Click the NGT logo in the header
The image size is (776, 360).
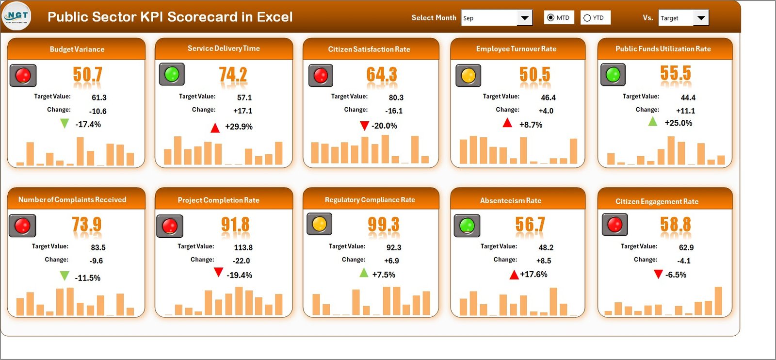pyautogui.click(x=17, y=16)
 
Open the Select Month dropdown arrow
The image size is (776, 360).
pyautogui.click(x=524, y=18)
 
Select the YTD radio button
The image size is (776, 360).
pyautogui.click(x=587, y=18)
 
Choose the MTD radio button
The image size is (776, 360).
pyautogui.click(x=550, y=18)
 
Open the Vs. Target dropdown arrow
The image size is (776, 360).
pyautogui.click(x=701, y=18)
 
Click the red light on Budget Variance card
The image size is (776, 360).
pyautogui.click(x=23, y=75)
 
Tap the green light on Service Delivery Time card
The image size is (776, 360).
pyautogui.click(x=172, y=74)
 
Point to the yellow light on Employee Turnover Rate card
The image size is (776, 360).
pyautogui.click(x=468, y=76)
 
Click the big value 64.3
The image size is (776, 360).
pyautogui.click(x=381, y=75)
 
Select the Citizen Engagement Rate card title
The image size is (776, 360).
pyautogui.click(x=657, y=201)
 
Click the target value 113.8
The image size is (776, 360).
pyautogui.click(x=243, y=247)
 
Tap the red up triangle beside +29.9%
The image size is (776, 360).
pyautogui.click(x=215, y=128)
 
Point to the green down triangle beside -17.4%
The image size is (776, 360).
pyautogui.click(x=64, y=124)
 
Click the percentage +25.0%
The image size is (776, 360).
pyautogui.click(x=678, y=123)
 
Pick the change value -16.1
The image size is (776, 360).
pyautogui.click(x=394, y=111)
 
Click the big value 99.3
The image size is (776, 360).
pyautogui.click(x=383, y=225)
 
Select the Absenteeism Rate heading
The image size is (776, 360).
pyautogui.click(x=510, y=200)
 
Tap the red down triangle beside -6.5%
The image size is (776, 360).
pyautogui.click(x=658, y=275)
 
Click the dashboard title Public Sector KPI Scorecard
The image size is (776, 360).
pyautogui.click(x=170, y=17)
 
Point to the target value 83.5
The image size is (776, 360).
pyautogui.click(x=98, y=247)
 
